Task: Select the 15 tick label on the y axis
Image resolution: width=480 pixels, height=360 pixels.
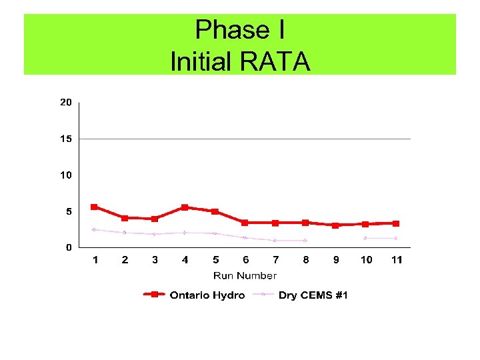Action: click(66, 139)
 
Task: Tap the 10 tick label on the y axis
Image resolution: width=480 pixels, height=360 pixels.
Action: click(66, 175)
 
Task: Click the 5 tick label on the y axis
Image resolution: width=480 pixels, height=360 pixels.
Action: click(69, 211)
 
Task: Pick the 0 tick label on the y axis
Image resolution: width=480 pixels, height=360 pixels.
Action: click(69, 247)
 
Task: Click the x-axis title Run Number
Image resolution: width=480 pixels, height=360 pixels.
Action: click(245, 275)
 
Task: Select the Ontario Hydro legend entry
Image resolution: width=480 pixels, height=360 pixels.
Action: click(207, 295)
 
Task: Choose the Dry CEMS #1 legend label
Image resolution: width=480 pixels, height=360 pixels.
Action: click(313, 295)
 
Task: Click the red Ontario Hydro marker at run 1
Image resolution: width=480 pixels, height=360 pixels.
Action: click(94, 207)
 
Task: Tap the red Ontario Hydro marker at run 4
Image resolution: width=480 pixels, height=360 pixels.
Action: click(185, 207)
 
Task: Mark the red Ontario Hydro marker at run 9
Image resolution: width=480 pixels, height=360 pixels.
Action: click(335, 225)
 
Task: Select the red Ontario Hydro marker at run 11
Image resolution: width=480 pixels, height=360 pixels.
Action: click(396, 223)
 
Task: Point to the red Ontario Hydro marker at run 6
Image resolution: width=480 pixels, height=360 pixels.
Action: click(245, 223)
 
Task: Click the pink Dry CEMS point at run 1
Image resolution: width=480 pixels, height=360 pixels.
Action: click(94, 229)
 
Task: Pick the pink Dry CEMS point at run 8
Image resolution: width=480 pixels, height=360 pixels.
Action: click(305, 240)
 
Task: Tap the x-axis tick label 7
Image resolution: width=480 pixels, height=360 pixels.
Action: click(275, 260)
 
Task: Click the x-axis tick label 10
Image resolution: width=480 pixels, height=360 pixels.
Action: click(366, 260)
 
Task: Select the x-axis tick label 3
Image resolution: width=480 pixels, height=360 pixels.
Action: click(155, 260)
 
